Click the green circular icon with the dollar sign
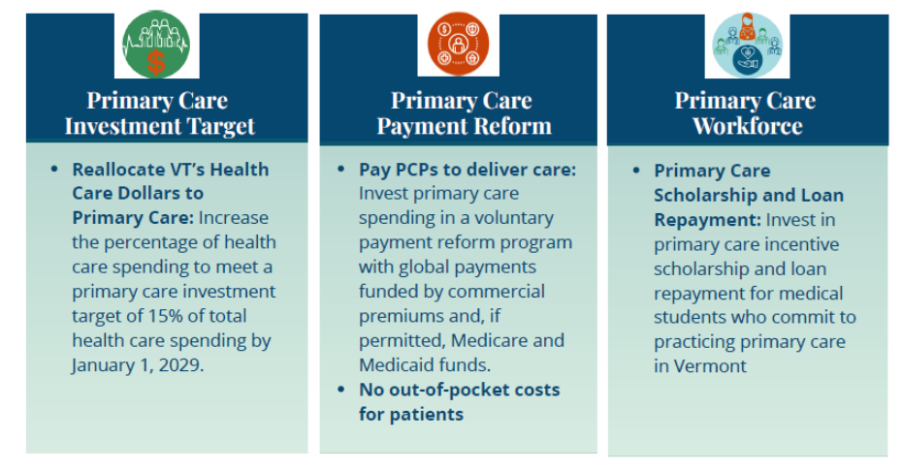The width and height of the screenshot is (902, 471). point(156,45)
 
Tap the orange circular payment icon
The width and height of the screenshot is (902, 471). point(458,44)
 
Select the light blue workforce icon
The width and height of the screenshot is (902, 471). point(747,45)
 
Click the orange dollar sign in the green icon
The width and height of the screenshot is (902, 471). point(156,63)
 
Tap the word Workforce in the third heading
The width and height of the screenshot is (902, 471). point(747,126)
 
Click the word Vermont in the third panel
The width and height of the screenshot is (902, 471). point(710,366)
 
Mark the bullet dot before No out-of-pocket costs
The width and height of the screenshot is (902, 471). point(341,390)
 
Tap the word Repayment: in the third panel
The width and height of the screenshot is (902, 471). point(708,220)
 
